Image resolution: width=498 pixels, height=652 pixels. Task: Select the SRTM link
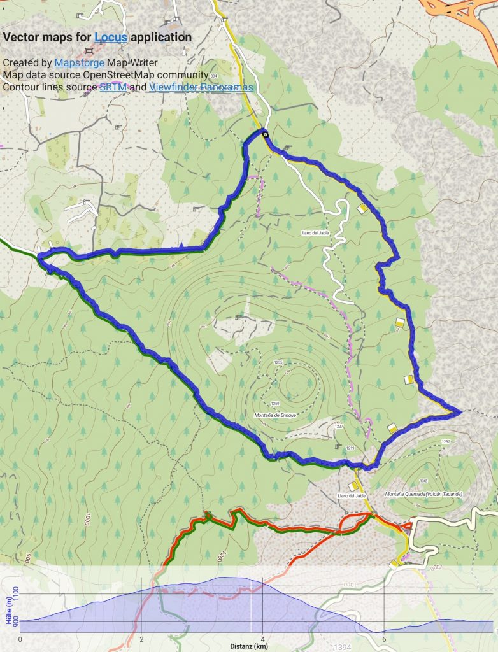coord(112,87)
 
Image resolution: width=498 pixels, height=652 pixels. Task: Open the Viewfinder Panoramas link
coord(201,87)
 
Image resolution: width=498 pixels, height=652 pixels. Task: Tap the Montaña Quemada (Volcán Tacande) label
coord(423,494)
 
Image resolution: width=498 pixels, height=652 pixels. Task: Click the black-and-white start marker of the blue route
coord(265,133)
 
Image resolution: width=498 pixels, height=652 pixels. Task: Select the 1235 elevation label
coord(278,362)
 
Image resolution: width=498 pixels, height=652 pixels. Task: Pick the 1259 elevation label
coord(275,404)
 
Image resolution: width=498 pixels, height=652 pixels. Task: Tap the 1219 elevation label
coord(350,449)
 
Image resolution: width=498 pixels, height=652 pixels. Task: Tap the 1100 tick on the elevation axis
coord(16,595)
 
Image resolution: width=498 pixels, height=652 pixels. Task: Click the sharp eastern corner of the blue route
coord(460,412)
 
